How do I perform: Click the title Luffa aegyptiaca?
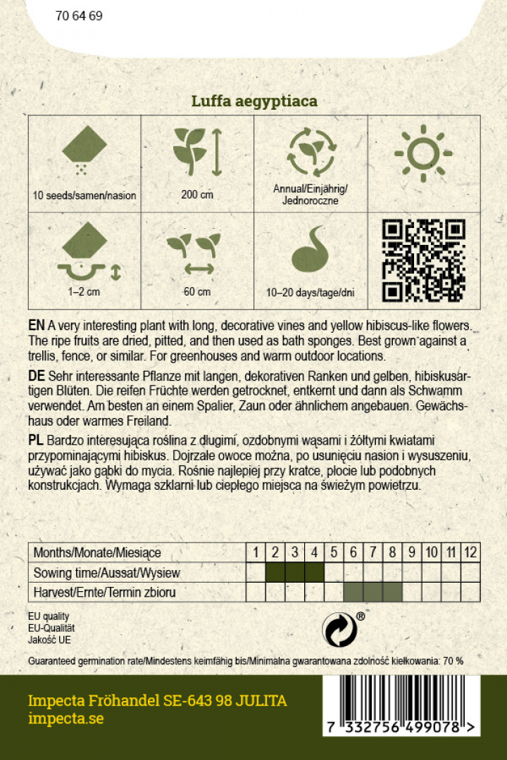pyautogui.click(x=254, y=101)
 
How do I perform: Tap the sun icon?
pyautogui.click(x=423, y=152)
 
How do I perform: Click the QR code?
pyautogui.click(x=423, y=260)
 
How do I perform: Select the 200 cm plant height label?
pyautogui.click(x=197, y=195)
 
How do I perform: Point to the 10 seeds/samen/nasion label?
pyautogui.click(x=84, y=195)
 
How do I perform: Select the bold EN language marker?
pyautogui.click(x=37, y=327)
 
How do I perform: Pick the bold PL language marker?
pyautogui.click(x=36, y=441)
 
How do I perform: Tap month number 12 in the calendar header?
pyautogui.click(x=470, y=553)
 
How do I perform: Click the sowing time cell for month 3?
pyautogui.click(x=295, y=573)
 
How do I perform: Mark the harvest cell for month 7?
pyautogui.click(x=373, y=593)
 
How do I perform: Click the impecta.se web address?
pyautogui.click(x=65, y=719)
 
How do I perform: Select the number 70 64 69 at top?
pyautogui.click(x=79, y=15)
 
